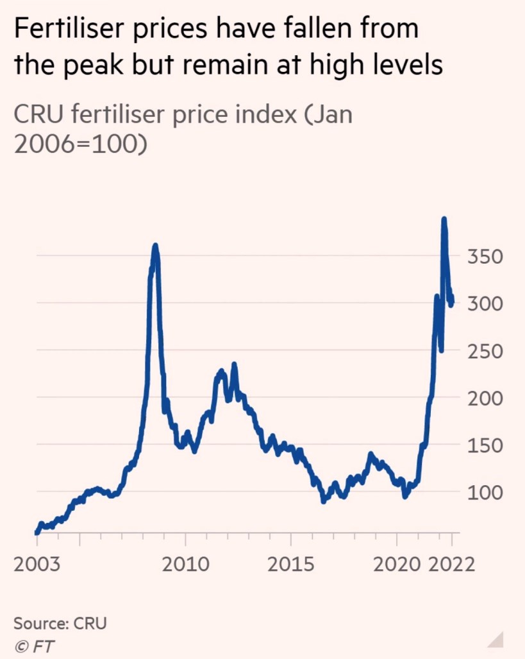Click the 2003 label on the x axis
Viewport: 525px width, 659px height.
[x=37, y=564]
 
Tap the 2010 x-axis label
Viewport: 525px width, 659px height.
[x=185, y=564]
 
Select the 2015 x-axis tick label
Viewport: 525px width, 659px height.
[x=291, y=564]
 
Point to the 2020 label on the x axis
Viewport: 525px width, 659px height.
[x=397, y=564]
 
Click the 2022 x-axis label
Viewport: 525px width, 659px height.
[x=451, y=564]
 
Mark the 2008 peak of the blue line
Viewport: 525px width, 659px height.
[x=155, y=246]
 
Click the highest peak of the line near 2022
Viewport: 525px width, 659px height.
[x=444, y=219]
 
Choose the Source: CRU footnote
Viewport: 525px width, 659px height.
[x=60, y=622]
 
